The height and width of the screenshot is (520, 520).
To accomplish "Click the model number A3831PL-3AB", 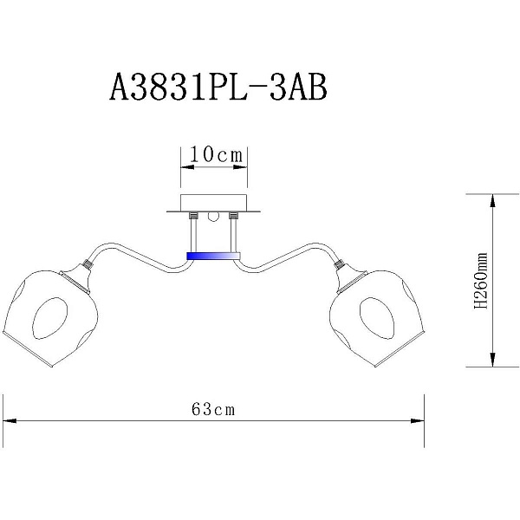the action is pyautogui.click(x=218, y=88).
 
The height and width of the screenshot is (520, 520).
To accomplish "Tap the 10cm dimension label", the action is pyautogui.click(x=216, y=154).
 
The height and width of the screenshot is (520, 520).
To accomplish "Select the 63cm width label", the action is pyautogui.click(x=213, y=409).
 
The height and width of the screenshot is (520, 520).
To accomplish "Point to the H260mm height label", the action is pyautogui.click(x=481, y=281).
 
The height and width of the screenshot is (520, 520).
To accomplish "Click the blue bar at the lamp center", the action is pyautogui.click(x=213, y=256).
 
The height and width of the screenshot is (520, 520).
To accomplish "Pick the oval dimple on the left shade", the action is pyautogui.click(x=50, y=318).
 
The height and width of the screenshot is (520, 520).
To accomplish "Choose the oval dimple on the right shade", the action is pyautogui.click(x=377, y=318).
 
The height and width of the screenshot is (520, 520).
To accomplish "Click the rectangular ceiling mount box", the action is pyautogui.click(x=214, y=202).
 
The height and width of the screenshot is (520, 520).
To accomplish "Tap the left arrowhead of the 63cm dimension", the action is pyautogui.click(x=10, y=421).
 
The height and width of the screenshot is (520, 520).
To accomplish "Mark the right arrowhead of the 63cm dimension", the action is pyautogui.click(x=418, y=421).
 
